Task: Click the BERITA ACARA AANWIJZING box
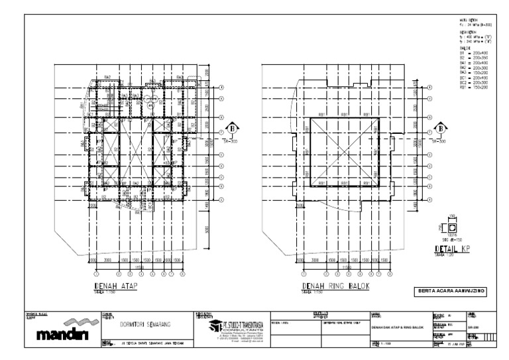click(447, 290)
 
